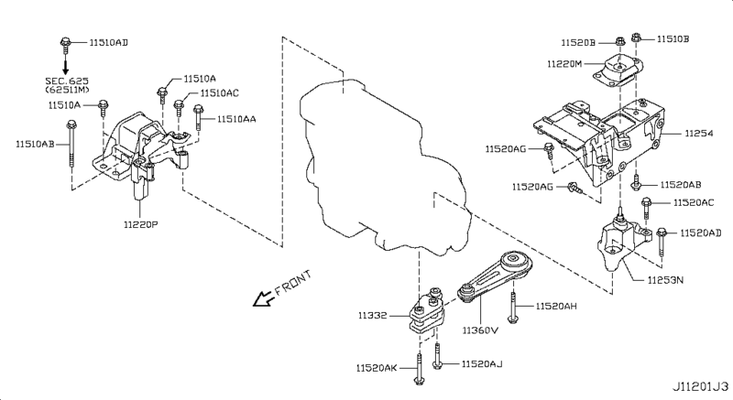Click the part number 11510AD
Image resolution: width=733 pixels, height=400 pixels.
click(x=109, y=42)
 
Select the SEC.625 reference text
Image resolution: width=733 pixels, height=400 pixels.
click(x=69, y=81)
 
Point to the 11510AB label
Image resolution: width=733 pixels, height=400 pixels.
click(x=34, y=143)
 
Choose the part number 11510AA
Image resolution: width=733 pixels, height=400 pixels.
click(x=237, y=119)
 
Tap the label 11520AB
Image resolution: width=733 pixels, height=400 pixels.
click(x=679, y=184)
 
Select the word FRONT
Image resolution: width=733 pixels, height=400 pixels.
click(x=293, y=281)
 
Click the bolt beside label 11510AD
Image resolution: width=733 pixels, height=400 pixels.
click(x=68, y=41)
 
